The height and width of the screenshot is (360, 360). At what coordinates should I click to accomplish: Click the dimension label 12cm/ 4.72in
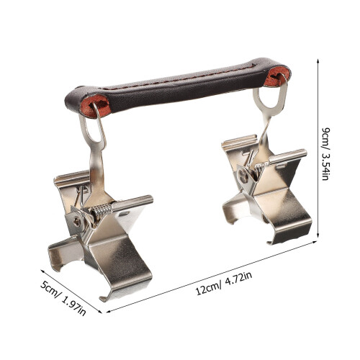[x=224, y=284]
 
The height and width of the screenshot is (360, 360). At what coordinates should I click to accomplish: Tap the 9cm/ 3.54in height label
[x=325, y=154]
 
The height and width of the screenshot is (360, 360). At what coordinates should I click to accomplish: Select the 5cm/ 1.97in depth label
[x=63, y=298]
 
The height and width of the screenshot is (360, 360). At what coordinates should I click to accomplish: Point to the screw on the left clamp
[x=77, y=222]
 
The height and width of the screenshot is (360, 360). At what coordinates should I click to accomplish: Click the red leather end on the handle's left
[x=96, y=106]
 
